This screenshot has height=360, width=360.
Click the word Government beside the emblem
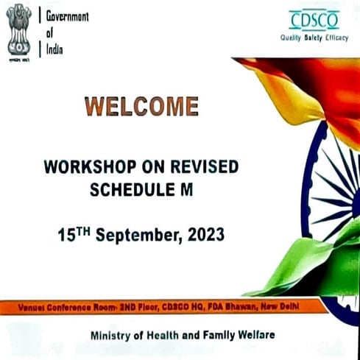click(67, 16)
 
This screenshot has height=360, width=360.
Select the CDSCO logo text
click(314, 20)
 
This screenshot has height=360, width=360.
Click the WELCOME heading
click(141, 106)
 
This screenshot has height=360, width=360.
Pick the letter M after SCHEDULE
click(186, 189)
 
